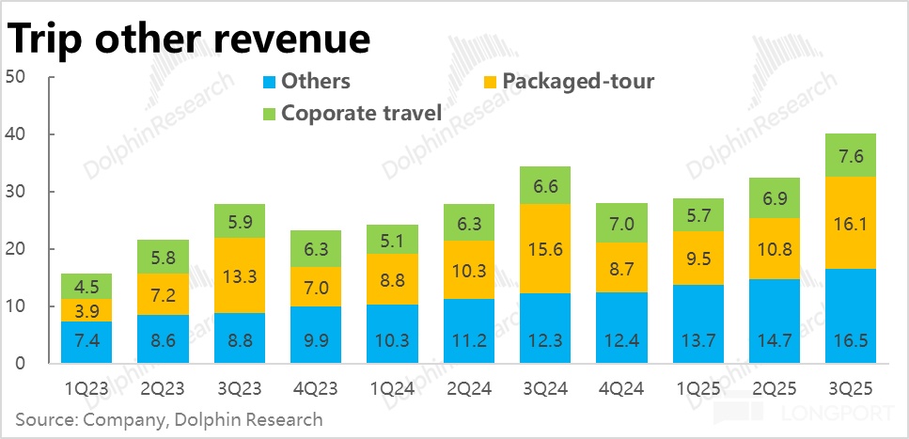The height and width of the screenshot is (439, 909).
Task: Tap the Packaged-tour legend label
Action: pyautogui.click(x=578, y=81)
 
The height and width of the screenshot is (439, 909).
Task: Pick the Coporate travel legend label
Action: pyautogui.click(x=362, y=114)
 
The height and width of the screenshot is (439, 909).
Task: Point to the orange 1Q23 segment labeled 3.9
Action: pyautogui.click(x=86, y=310)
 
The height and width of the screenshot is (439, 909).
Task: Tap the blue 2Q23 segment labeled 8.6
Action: pyautogui.click(x=161, y=338)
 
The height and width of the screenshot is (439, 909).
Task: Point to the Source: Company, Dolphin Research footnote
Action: pyautogui.click(x=169, y=419)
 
